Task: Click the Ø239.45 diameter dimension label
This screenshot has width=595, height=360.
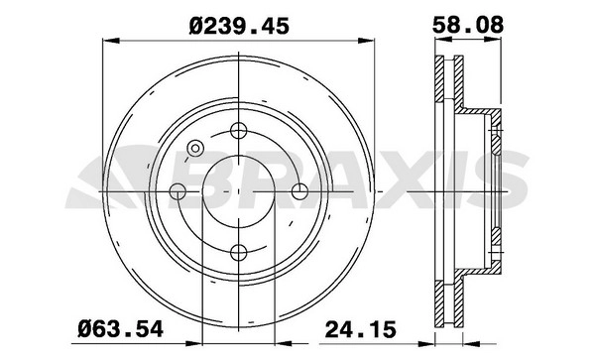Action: click(239, 26)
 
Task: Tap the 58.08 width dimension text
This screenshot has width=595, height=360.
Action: click(468, 25)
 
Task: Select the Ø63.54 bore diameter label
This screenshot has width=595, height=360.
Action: click(120, 328)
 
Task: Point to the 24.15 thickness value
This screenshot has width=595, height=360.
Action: click(361, 328)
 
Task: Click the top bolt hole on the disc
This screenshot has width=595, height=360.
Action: click(239, 131)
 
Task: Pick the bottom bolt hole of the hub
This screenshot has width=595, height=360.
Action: click(239, 252)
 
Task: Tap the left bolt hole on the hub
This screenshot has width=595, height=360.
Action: click(178, 191)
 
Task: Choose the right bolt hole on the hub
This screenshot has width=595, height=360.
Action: click(299, 191)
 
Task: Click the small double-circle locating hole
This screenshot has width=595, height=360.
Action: click(195, 149)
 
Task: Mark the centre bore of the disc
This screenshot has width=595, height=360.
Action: click(239, 191)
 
